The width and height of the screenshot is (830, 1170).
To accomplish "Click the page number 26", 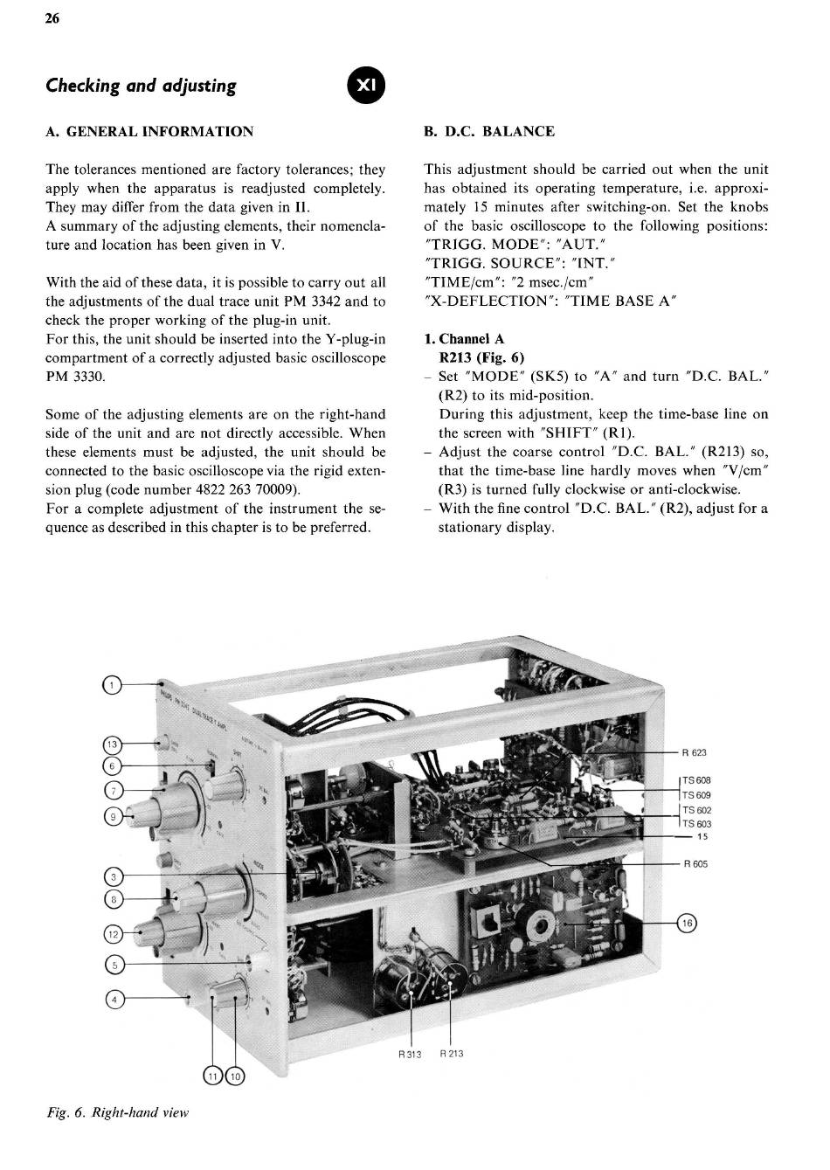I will pos(52,20).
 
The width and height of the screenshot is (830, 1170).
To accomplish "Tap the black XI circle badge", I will pos(366,86).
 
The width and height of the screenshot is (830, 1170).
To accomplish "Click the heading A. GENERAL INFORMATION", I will pos(149,132).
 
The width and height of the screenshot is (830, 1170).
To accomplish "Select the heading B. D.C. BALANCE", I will pos(489,132).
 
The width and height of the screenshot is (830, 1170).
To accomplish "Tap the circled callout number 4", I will pos(113,998).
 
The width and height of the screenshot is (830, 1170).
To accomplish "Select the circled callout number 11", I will pos(212,1076).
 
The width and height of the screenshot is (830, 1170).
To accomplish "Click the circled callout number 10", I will pos(237,1076).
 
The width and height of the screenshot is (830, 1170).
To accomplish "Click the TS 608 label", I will pos(697,780).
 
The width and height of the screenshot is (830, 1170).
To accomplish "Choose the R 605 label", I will pos(695,864).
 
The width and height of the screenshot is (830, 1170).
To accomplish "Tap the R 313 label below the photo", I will pos(409,1055).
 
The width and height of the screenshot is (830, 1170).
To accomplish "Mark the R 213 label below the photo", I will pos(452,1054).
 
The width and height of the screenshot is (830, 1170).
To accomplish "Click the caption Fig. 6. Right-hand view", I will pos(117,1112).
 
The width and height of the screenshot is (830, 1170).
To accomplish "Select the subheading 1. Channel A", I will pos(464,339).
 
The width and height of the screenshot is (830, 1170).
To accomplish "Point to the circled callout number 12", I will pos(112,934).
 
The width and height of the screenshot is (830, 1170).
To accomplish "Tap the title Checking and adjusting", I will pos(141,86).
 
